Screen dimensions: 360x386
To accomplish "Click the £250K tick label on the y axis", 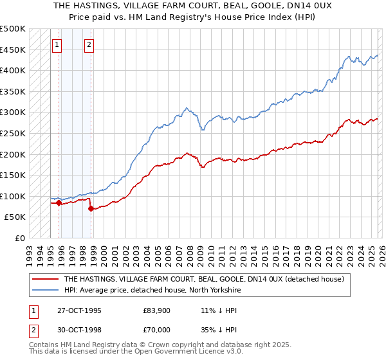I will click(13, 133).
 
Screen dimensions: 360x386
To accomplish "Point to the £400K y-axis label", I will click(13, 71).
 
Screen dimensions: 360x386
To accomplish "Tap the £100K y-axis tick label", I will click(13, 196).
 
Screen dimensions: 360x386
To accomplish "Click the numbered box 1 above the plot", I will click(58, 45).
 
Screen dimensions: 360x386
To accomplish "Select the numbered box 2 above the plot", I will click(89, 45).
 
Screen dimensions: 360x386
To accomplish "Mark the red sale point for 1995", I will click(59, 203).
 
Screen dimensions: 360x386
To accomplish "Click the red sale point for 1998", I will click(91, 209).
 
